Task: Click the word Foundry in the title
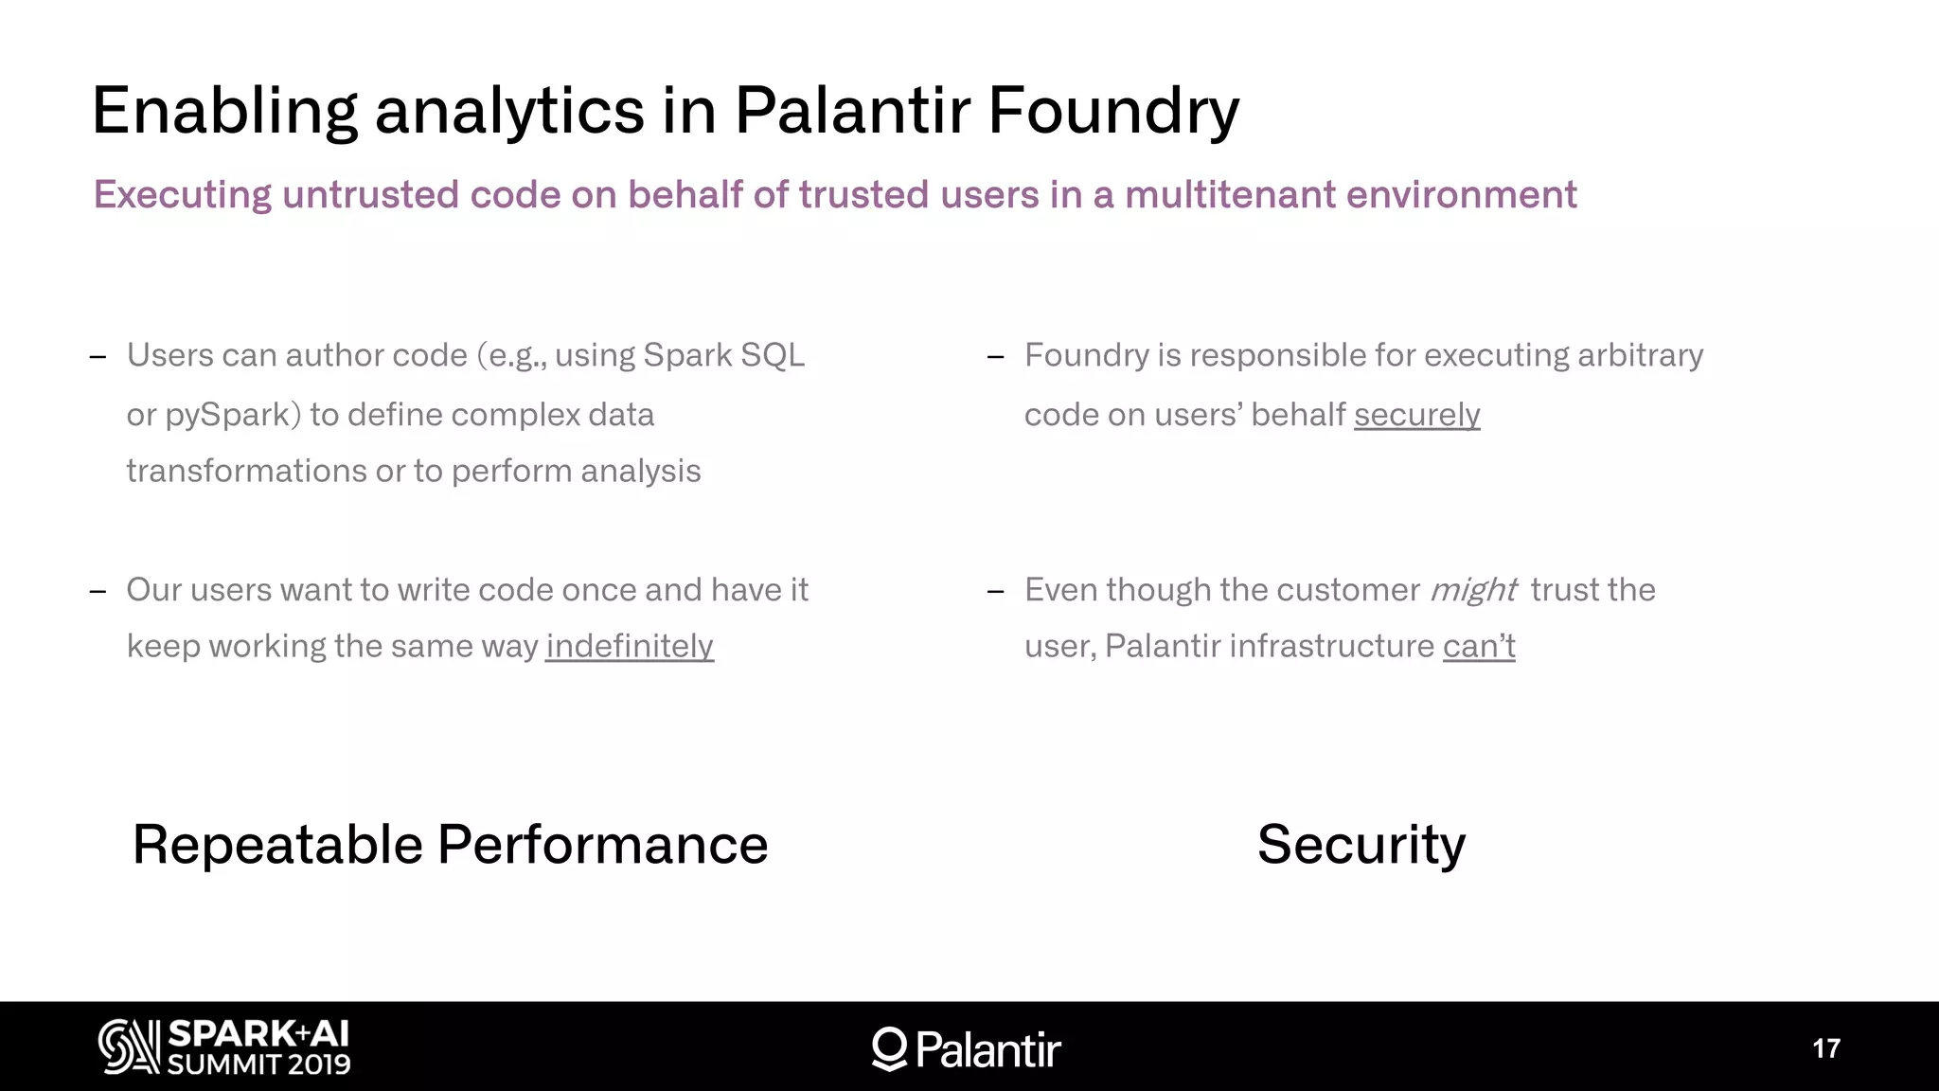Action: pyautogui.click(x=1112, y=112)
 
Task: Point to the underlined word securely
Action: pyautogui.click(x=1416, y=415)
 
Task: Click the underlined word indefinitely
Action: pyautogui.click(x=629, y=646)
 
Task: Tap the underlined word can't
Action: pyautogui.click(x=1479, y=646)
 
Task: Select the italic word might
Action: pyautogui.click(x=1473, y=590)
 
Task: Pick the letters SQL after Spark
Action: pyautogui.click(x=773, y=355)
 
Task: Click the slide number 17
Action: pyautogui.click(x=1825, y=1048)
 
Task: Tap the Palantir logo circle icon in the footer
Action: pyautogui.click(x=889, y=1047)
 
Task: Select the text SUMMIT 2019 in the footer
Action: pyautogui.click(x=258, y=1064)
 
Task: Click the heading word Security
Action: pyautogui.click(x=1361, y=845)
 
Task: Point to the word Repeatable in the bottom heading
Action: pyautogui.click(x=276, y=845)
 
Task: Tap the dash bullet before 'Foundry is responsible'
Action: pyautogui.click(x=995, y=357)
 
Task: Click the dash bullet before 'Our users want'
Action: pyautogui.click(x=98, y=592)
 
